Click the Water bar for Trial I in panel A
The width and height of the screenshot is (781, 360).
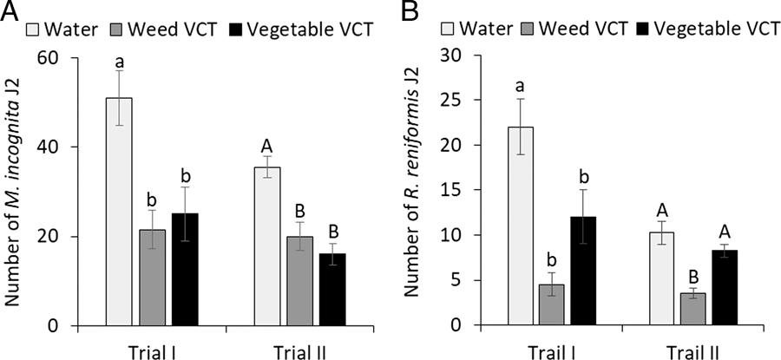(119, 212)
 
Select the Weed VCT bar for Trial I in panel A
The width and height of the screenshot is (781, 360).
(153, 278)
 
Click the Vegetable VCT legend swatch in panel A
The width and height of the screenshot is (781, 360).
(234, 29)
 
